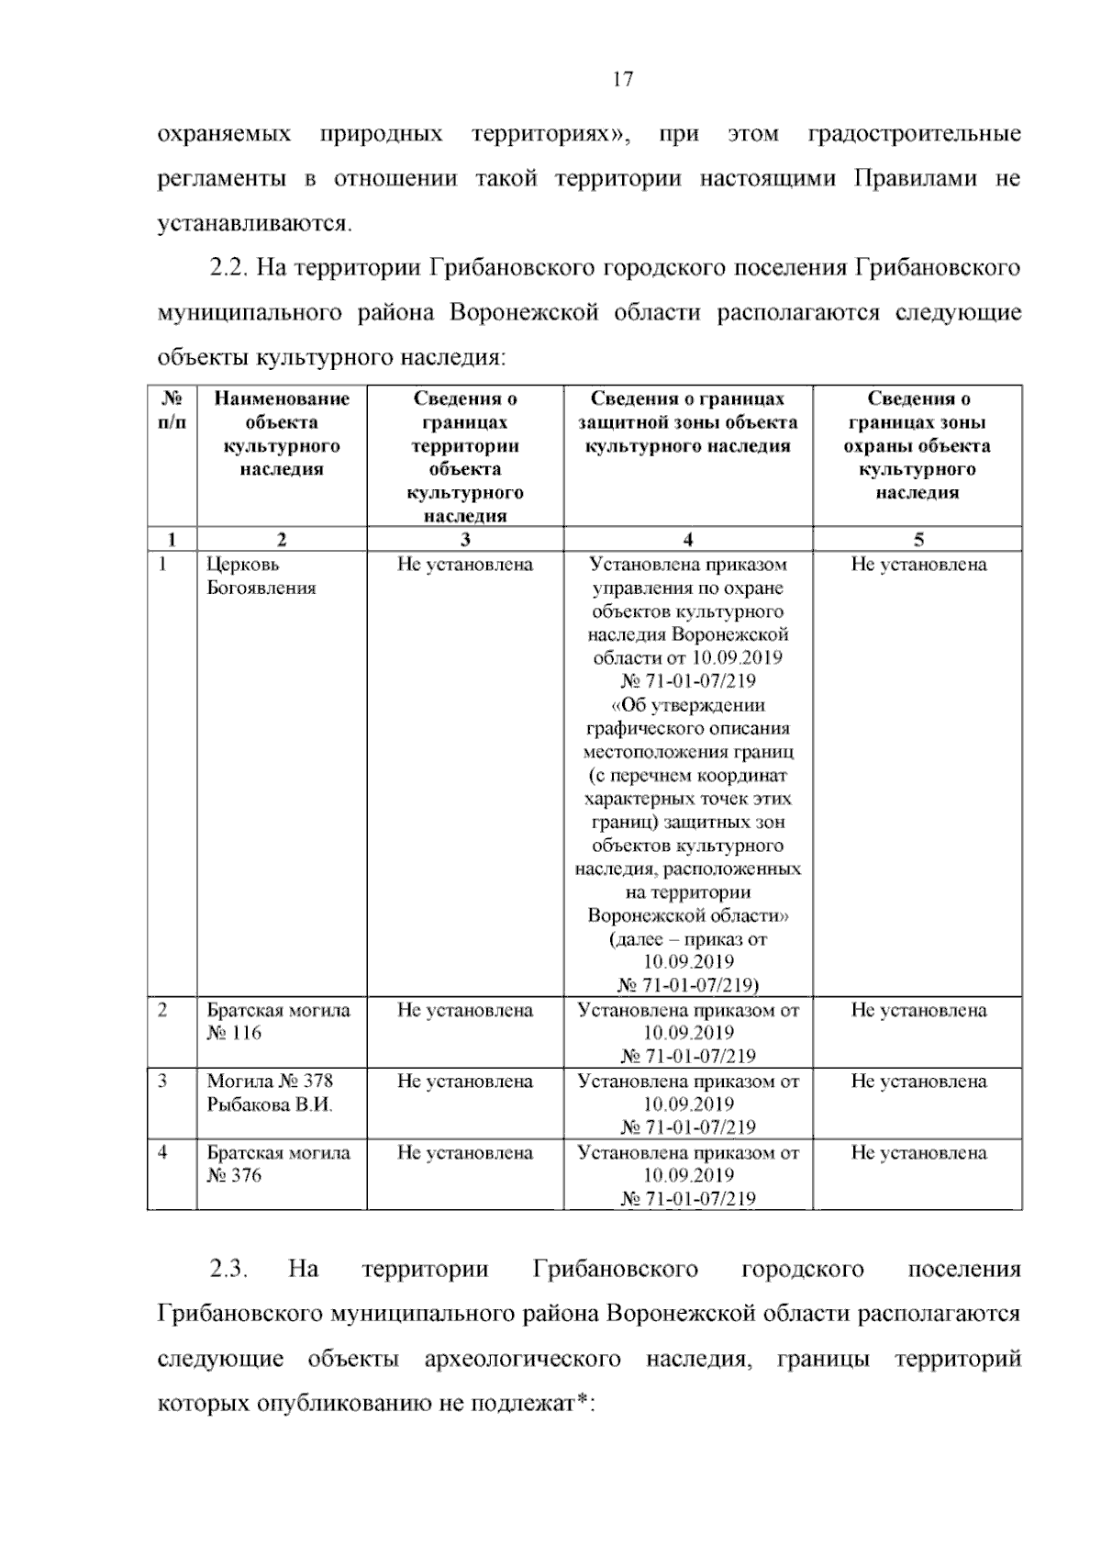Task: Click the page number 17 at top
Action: [622, 80]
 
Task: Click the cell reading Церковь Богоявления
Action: [261, 577]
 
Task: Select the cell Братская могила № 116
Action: [278, 1022]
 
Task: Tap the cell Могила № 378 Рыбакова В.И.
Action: [270, 1093]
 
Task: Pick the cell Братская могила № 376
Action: [278, 1164]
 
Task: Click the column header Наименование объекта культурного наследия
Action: [282, 433]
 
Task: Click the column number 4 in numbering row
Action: [688, 540]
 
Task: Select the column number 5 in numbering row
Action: [917, 540]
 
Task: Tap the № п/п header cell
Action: [172, 410]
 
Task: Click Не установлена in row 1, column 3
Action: [465, 565]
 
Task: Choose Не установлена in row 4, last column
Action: [918, 1153]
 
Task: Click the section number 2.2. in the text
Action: [228, 268]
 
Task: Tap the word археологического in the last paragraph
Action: [522, 1359]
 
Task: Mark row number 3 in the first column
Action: [162, 1082]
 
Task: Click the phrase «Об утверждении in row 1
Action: [688, 705]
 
